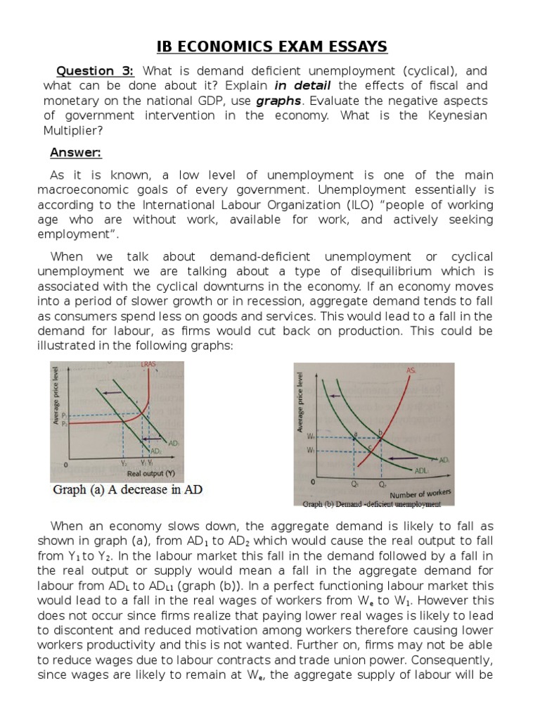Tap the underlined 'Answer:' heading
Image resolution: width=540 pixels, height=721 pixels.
coord(75,153)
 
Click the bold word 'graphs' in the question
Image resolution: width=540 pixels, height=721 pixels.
coord(278,101)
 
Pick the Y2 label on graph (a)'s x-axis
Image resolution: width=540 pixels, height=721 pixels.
coord(124,463)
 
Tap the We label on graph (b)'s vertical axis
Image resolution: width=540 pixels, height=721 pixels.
coord(311,437)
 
